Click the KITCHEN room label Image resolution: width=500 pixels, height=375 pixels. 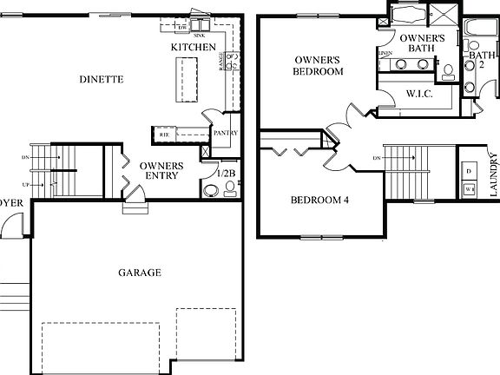pos(193,46)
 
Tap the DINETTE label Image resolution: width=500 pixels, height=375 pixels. pos(101,79)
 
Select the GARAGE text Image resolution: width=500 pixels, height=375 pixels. pos(139,273)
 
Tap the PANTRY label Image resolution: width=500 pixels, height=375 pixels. pos(226,133)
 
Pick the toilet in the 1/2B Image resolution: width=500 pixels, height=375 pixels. pos(231,191)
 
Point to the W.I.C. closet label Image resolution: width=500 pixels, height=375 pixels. pos(419,93)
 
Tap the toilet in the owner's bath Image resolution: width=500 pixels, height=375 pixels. pos(448,71)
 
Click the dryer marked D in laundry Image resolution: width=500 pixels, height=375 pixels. pos(469,171)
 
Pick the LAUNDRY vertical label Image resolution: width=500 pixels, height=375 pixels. pos(493,176)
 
